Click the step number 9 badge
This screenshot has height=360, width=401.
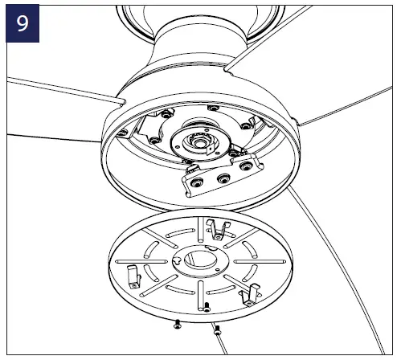(x=22, y=22)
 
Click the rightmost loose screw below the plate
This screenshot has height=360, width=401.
(x=216, y=328)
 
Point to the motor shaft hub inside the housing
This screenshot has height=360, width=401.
(x=196, y=141)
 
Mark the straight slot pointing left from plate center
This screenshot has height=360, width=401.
(x=145, y=263)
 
